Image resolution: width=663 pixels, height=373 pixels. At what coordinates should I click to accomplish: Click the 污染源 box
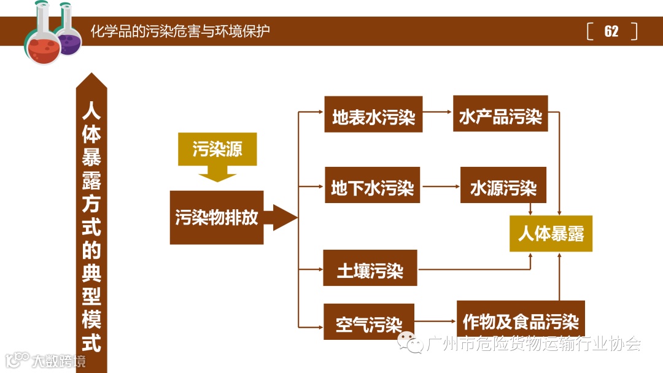(217, 149)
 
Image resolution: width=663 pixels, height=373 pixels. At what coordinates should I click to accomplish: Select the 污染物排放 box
(217, 218)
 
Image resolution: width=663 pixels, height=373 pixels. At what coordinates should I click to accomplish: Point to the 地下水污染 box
(372, 185)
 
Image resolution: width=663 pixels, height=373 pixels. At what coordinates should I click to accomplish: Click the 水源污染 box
(503, 185)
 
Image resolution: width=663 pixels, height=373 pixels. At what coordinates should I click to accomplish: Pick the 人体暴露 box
(551, 234)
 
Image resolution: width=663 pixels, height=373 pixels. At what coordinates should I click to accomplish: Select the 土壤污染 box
(370, 268)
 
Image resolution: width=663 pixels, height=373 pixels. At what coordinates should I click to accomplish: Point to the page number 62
(611, 31)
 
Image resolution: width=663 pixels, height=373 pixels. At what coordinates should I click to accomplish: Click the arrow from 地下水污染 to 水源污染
(440, 185)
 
